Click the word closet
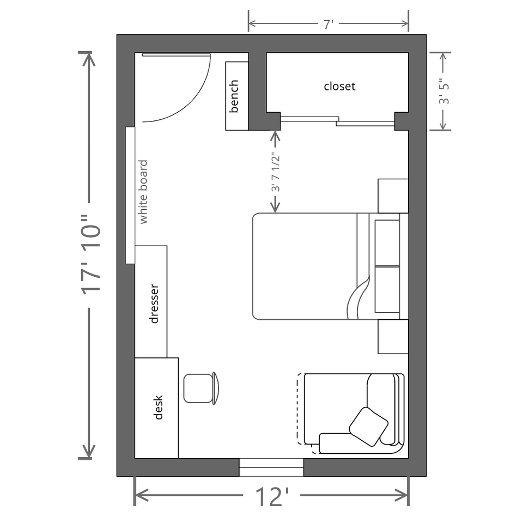pos(339,87)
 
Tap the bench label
pos(234,96)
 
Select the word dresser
pos(154,303)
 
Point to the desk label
pos(158,408)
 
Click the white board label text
pos(143,192)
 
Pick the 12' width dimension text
pos(272,497)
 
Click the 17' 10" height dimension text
pos(90,255)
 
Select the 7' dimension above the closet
pos(329,24)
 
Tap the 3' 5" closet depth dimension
pos(444,92)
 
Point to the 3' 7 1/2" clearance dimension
pos(275,172)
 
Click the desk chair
pos(201,388)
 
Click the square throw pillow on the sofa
pos(369,427)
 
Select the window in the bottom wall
pos(271,467)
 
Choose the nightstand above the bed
pos(393,196)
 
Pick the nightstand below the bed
pos(393,337)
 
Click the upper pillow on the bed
pos(387,243)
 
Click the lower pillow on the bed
pos(387,289)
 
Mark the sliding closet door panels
pos(337,121)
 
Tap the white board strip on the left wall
pos(130,195)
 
